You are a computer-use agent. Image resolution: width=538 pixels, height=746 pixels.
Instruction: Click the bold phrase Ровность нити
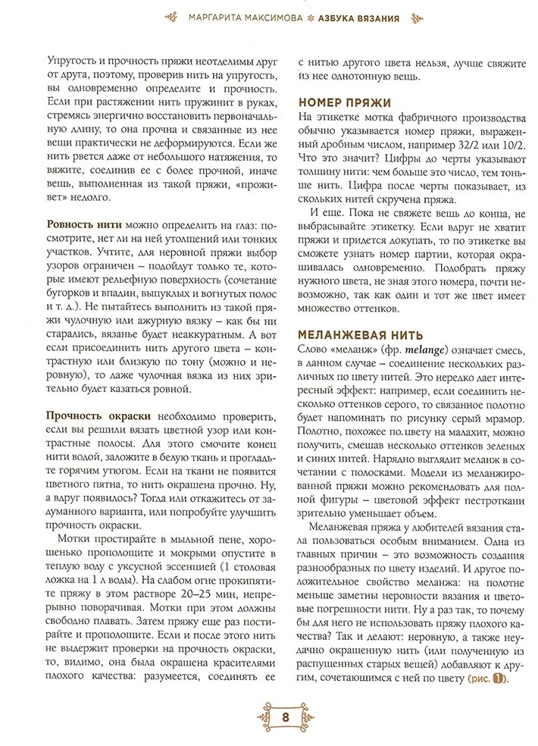point(80,224)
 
